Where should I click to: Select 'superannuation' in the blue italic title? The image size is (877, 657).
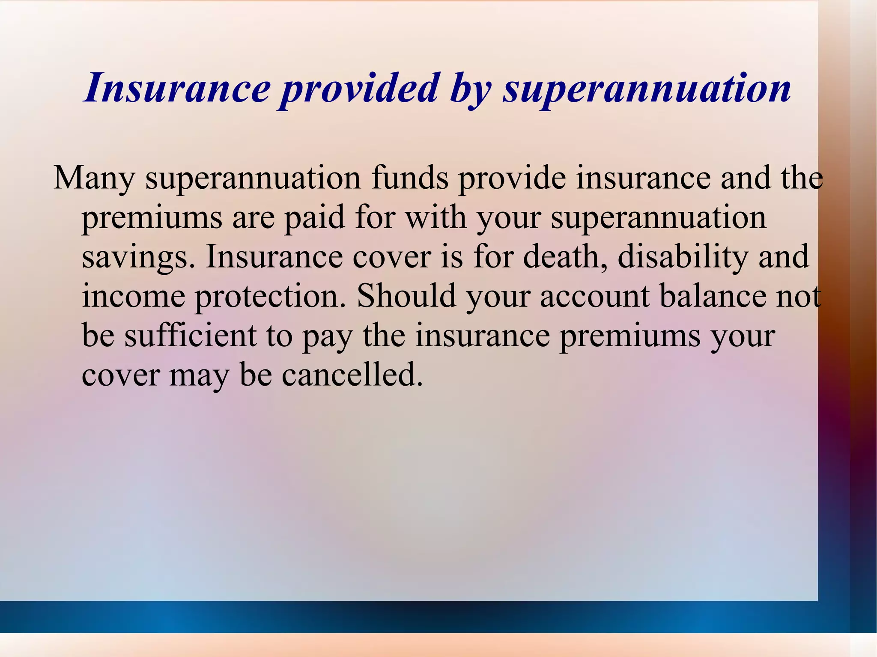(647, 89)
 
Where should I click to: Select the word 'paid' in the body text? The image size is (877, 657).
(315, 217)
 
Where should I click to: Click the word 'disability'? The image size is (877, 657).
(683, 257)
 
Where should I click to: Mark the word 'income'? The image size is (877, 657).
(133, 297)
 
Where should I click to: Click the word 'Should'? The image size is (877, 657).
(406, 296)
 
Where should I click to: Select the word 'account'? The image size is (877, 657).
(594, 297)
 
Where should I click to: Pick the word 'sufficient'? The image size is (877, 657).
(190, 336)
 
